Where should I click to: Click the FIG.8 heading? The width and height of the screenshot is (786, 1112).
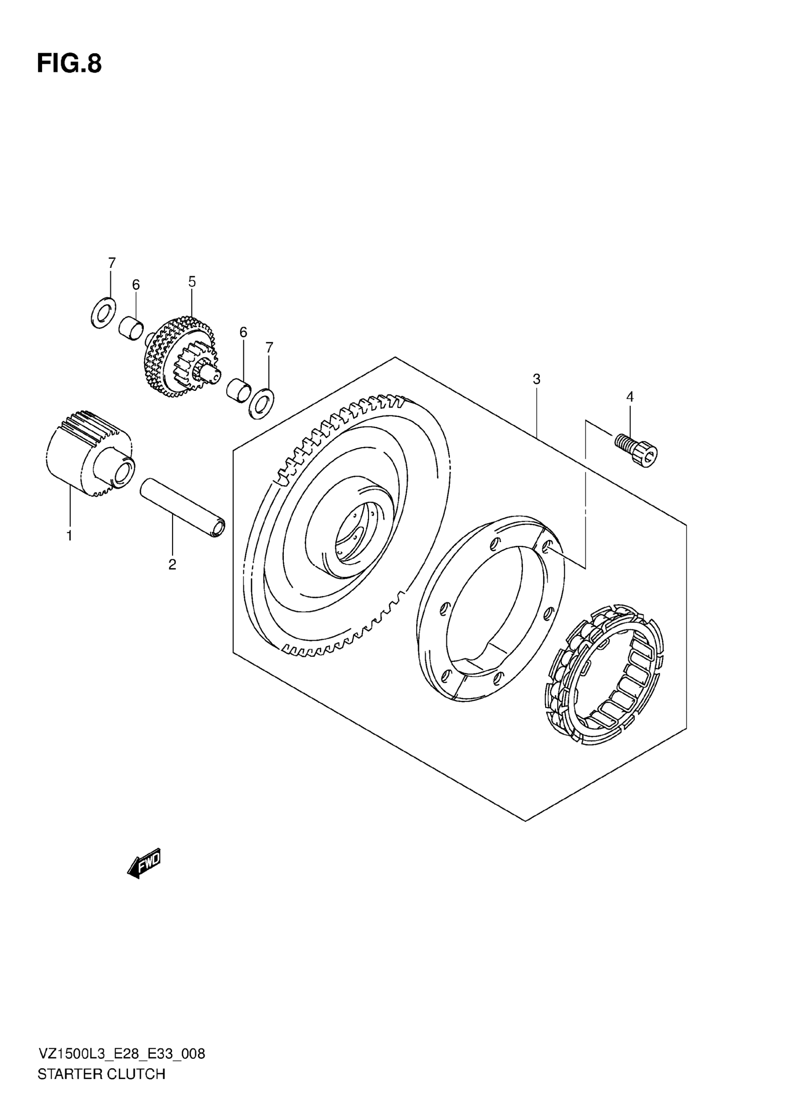[x=69, y=64]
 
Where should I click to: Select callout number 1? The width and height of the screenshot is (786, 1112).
[x=69, y=536]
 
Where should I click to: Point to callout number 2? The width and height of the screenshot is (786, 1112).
[x=172, y=564]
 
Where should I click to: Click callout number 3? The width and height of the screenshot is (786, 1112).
[x=536, y=379]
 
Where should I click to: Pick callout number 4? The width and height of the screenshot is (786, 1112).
[x=630, y=397]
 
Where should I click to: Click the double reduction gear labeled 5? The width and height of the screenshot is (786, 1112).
[x=180, y=357]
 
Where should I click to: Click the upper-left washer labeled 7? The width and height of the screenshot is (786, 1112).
[x=103, y=313]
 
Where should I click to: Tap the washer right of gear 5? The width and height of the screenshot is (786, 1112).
[x=261, y=403]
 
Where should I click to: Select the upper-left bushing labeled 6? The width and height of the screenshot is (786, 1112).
[x=131, y=328]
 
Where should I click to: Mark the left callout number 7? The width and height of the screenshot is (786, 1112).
[x=112, y=263]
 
